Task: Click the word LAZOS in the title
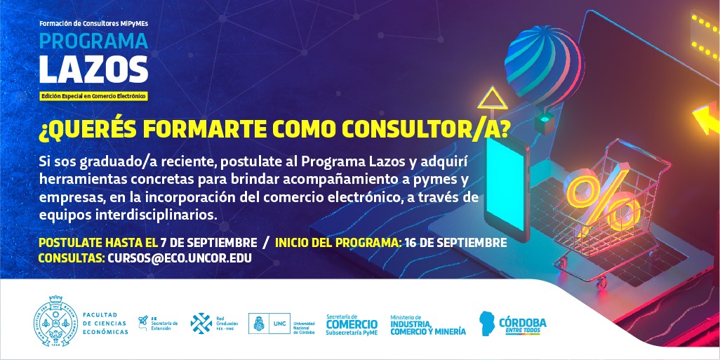click(x=93, y=69)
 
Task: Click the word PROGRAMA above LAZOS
click(x=93, y=41)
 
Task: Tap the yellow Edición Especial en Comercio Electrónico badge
click(x=93, y=96)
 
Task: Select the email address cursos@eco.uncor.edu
click(x=180, y=258)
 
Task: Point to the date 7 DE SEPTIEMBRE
click(x=208, y=242)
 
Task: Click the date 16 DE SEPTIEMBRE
click(x=456, y=242)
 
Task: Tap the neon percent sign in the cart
click(x=602, y=201)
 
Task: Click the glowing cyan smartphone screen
click(x=505, y=184)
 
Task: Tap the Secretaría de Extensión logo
click(x=157, y=323)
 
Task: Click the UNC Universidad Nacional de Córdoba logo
click(x=281, y=324)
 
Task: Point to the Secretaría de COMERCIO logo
click(x=352, y=324)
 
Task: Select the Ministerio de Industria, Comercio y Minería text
click(x=428, y=325)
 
